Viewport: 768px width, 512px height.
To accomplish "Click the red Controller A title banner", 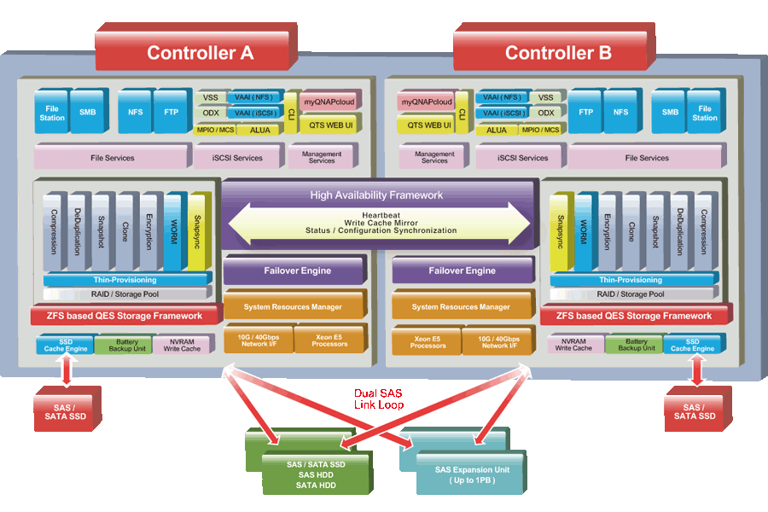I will click(x=200, y=52).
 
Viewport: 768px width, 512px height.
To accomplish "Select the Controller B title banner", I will click(x=558, y=52).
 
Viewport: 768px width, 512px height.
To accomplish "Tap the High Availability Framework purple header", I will click(x=376, y=195).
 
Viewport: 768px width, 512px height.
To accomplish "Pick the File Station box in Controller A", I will click(x=52, y=113).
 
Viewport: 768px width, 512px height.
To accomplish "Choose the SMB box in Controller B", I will click(x=671, y=113).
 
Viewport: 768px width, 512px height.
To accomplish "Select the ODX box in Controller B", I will click(x=546, y=113).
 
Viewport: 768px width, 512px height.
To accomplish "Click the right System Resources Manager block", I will click(x=462, y=306).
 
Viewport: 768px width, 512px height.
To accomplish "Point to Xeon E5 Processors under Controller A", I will click(x=329, y=340).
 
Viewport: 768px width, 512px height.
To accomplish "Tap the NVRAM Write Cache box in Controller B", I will click(x=573, y=345).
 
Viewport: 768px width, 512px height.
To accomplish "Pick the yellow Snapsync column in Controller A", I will click(x=198, y=230).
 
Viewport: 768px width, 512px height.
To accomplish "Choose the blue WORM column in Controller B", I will click(x=584, y=230).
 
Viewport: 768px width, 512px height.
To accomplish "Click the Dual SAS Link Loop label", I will click(x=379, y=399).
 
